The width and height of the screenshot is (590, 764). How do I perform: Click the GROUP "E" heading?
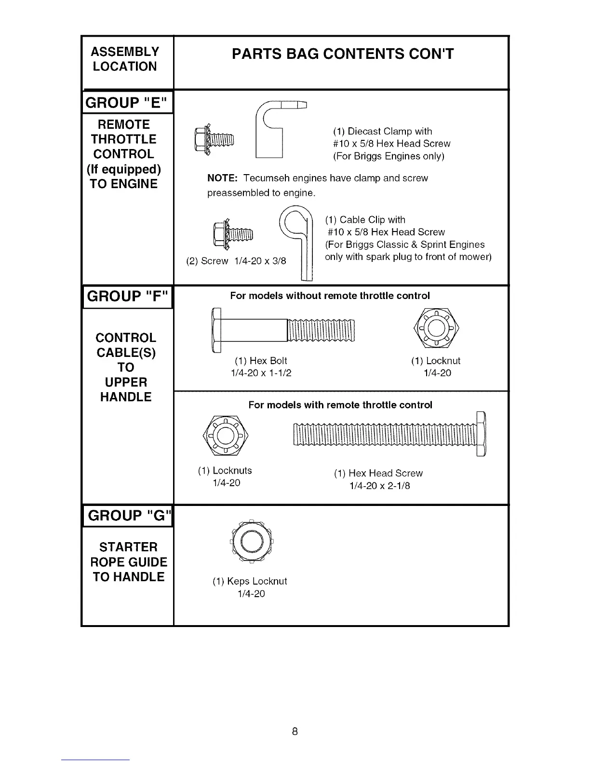(127, 103)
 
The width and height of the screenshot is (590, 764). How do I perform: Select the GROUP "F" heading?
(128, 296)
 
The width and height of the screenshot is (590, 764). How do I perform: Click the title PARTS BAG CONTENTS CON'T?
(342, 54)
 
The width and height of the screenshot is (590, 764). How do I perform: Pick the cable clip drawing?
(299, 241)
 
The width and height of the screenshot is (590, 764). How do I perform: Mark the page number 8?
(295, 731)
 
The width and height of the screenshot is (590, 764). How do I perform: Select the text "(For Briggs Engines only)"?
(389, 156)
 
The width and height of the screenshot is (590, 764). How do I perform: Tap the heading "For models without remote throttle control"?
(330, 296)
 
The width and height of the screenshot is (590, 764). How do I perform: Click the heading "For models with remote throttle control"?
(340, 405)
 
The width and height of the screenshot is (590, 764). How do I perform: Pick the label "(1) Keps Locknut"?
(250, 581)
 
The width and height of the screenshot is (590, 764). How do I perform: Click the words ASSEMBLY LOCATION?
(125, 59)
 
